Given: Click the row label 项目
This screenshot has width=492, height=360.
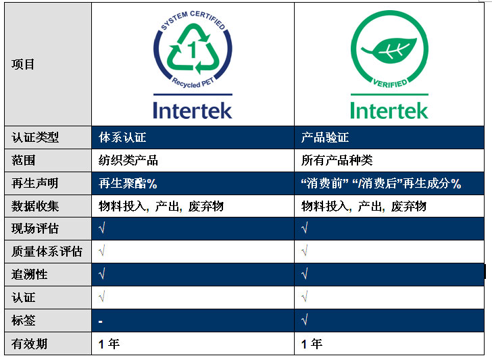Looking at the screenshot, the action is (x=23, y=64).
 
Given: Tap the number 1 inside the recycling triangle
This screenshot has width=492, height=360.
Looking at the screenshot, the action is (x=192, y=49).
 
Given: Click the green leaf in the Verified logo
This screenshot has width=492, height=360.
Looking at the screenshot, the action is (x=389, y=50).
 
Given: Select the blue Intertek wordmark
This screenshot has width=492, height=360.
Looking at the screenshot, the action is (x=193, y=110).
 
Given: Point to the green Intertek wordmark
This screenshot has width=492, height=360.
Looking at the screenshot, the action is (x=389, y=110).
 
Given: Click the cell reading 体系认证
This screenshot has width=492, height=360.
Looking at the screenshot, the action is (x=122, y=137).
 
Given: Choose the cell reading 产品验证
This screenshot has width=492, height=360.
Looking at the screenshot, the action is (x=325, y=137).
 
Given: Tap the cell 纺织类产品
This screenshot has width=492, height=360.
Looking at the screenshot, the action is (x=128, y=160).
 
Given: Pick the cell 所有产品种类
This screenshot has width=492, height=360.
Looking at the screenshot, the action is (x=337, y=160).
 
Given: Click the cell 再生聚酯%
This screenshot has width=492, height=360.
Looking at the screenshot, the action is (x=128, y=183).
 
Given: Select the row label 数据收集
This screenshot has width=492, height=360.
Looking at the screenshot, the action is (x=35, y=206).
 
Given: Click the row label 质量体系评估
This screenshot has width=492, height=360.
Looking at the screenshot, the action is (x=47, y=251).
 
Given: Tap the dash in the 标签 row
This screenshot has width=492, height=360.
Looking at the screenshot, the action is (x=101, y=322).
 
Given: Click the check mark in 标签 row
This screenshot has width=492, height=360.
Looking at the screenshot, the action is (x=304, y=320).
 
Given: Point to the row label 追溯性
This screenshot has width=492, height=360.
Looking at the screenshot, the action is (x=29, y=274).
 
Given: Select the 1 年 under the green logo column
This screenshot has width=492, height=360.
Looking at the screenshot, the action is (x=312, y=344).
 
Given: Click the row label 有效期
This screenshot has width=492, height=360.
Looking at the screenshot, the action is (x=29, y=344).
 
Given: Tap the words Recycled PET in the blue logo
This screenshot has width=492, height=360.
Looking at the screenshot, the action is (x=193, y=83).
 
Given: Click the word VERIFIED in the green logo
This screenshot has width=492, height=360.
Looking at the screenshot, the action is (x=390, y=84).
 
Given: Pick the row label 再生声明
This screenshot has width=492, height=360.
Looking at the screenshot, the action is (x=35, y=183).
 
